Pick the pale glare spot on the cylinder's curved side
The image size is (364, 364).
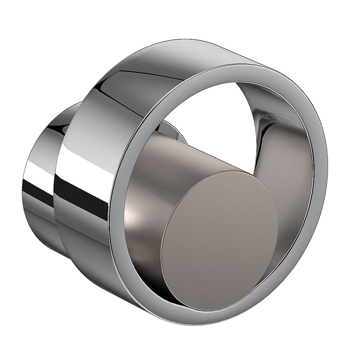pyautogui.click(x=135, y=218)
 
